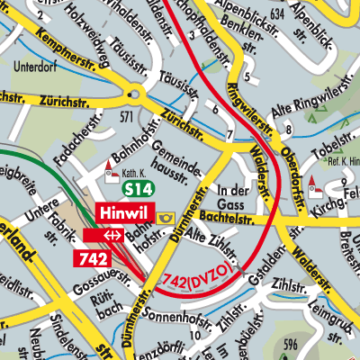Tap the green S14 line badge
click(139, 189)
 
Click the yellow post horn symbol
click(166, 218)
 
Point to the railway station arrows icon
click(112, 235)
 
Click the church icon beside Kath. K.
click(112, 166)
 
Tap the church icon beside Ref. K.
click(314, 187)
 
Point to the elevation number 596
click(289, 344)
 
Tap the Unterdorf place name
click(35, 66)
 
